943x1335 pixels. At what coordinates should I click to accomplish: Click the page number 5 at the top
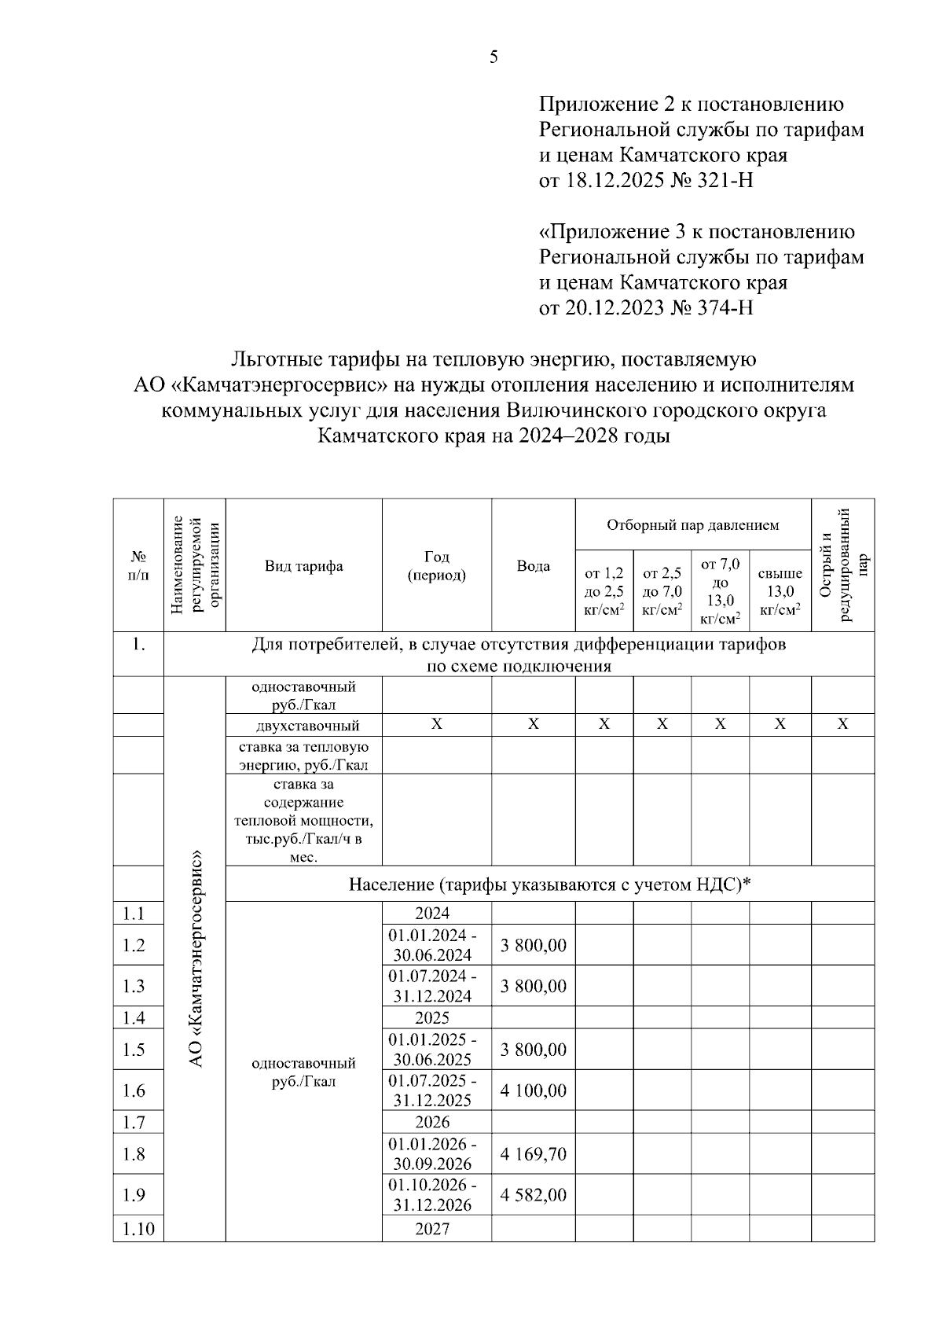click(494, 57)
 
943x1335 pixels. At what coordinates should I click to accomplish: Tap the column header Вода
click(533, 566)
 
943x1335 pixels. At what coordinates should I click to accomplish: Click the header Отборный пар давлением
click(692, 524)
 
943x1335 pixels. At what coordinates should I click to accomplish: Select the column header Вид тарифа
click(303, 566)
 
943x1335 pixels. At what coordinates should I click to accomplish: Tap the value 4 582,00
click(533, 1195)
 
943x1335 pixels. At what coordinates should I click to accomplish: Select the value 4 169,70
click(533, 1154)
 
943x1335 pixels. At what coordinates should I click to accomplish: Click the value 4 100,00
click(533, 1090)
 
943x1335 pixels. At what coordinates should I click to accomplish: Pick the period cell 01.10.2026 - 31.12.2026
click(432, 1195)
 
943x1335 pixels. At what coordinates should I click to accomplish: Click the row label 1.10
click(138, 1229)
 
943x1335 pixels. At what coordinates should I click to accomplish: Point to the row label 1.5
click(134, 1050)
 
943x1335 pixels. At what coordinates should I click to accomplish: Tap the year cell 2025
click(432, 1018)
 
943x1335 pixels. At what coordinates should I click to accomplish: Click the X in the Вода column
click(533, 725)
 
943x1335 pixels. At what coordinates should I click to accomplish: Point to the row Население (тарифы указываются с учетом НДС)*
click(549, 884)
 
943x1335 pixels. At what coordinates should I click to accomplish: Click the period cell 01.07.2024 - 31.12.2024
click(432, 987)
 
